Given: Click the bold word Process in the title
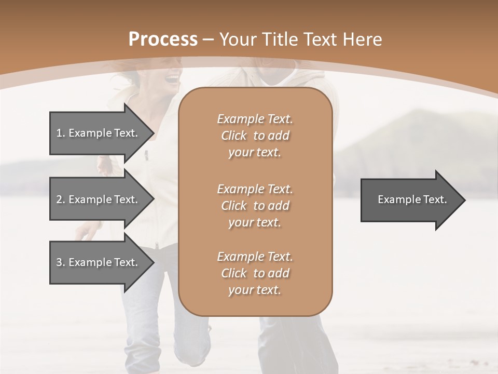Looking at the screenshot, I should click(163, 39).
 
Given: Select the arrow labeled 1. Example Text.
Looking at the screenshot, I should click(99, 133).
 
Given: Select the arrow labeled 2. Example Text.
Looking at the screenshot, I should click(99, 199).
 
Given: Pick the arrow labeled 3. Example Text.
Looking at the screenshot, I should click(99, 262).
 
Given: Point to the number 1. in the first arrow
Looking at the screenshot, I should click(60, 133).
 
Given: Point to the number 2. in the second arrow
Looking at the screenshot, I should click(60, 199).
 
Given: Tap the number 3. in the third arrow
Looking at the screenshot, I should click(60, 262).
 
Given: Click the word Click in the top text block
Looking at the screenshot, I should click(234, 136).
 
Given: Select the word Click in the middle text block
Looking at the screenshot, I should click(234, 206).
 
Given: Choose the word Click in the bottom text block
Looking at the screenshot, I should click(234, 273).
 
